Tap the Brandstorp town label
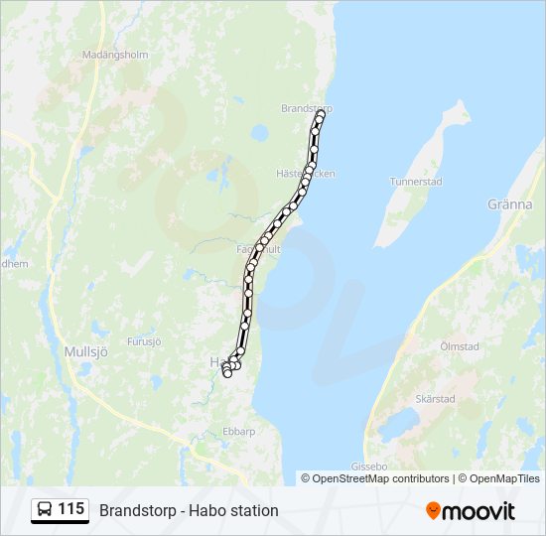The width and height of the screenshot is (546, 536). click(x=306, y=108)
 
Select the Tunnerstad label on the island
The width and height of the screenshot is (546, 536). click(x=416, y=182)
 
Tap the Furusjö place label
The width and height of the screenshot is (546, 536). click(x=143, y=340)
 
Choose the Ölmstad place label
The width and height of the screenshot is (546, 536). click(x=459, y=346)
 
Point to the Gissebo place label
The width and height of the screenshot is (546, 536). click(x=368, y=466)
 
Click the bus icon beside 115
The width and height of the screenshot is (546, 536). click(x=46, y=510)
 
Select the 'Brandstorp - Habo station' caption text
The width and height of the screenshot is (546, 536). click(x=189, y=510)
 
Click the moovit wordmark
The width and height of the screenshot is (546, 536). click(x=479, y=511)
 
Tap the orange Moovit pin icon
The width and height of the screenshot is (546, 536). click(x=433, y=511)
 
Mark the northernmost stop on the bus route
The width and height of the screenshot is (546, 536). click(x=321, y=114)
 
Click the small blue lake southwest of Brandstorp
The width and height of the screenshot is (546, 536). click(x=259, y=132)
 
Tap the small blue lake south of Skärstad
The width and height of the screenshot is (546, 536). click(x=399, y=425)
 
